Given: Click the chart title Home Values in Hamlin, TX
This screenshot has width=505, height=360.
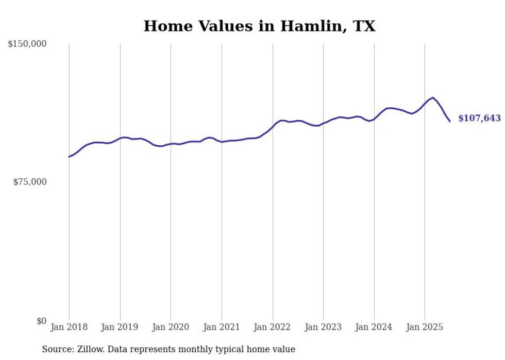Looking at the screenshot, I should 259,26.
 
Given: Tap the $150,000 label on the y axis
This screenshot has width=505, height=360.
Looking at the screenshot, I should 27,44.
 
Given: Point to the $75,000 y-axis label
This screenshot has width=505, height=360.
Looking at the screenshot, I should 30,182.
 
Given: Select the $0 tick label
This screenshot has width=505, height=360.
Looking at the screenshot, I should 42,321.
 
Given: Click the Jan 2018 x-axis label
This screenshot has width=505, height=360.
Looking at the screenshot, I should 69,327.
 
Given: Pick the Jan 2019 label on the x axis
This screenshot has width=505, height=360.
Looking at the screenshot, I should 120,327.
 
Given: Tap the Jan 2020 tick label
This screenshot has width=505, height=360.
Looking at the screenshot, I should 171,327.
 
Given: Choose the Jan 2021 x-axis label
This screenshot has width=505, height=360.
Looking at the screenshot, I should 222,327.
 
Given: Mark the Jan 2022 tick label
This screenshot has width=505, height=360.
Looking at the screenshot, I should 273,327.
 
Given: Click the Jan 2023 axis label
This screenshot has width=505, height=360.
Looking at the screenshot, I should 323,327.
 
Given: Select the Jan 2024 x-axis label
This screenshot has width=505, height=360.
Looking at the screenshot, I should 374,327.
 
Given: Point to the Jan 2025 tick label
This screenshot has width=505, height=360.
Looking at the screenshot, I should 425,327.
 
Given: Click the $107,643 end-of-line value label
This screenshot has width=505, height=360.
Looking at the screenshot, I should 479,118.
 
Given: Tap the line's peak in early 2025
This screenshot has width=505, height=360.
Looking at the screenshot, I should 433,97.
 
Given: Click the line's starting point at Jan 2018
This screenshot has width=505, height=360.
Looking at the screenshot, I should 69,157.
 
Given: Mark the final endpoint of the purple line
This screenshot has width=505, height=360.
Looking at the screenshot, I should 450,122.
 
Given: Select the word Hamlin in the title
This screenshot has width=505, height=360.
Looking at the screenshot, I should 311,26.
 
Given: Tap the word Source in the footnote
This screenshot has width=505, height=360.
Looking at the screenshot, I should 57,349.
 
